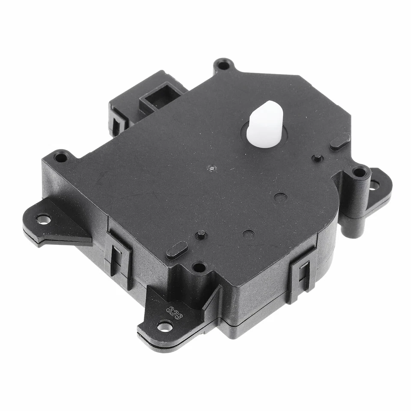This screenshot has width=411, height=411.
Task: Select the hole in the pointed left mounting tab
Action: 43,219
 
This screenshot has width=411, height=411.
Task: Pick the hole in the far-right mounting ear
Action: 374,185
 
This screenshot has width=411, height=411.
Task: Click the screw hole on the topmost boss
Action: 223,66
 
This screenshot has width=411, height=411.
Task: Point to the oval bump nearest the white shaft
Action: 340,142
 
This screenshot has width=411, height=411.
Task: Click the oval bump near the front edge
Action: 177,250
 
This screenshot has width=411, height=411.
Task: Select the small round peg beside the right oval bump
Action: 317,158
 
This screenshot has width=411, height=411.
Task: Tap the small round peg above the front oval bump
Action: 201,234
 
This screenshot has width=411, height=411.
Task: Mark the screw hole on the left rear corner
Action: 61,157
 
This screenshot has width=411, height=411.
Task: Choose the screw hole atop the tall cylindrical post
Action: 359,172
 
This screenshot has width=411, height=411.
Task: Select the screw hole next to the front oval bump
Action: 199,268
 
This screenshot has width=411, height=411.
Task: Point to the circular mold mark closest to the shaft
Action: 281,198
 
